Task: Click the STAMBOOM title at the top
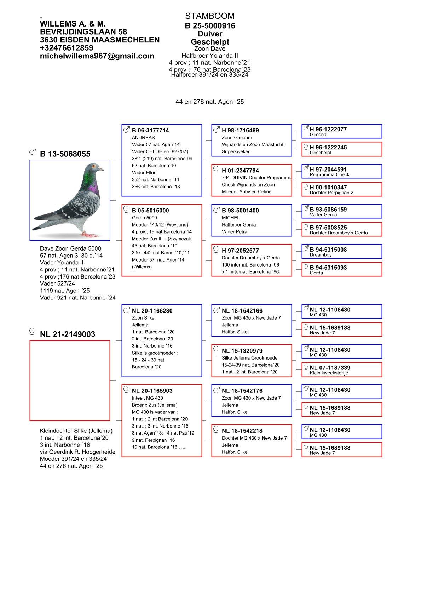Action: coord(209,16)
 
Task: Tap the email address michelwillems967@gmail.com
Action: coord(97,56)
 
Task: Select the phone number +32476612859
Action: coord(67,48)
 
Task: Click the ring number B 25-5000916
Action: coord(210,26)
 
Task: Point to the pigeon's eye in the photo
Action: coord(94,166)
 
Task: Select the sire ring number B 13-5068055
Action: coord(65,154)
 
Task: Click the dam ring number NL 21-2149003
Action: coord(67,334)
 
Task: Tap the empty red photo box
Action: coord(70,380)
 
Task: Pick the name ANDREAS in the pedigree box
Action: coord(143,138)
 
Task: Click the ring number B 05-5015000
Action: coord(150,211)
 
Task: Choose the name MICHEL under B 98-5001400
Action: coord(231,218)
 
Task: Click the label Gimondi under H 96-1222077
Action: coord(318,135)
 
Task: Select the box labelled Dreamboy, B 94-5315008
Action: coord(342,252)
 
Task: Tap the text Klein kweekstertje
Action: coord(329,373)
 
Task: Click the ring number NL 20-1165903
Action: coord(152,391)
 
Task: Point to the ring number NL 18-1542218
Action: coord(242,431)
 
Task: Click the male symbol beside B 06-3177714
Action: coord(126,130)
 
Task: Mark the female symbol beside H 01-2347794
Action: coord(216,170)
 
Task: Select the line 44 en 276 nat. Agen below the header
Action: coord(209,102)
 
